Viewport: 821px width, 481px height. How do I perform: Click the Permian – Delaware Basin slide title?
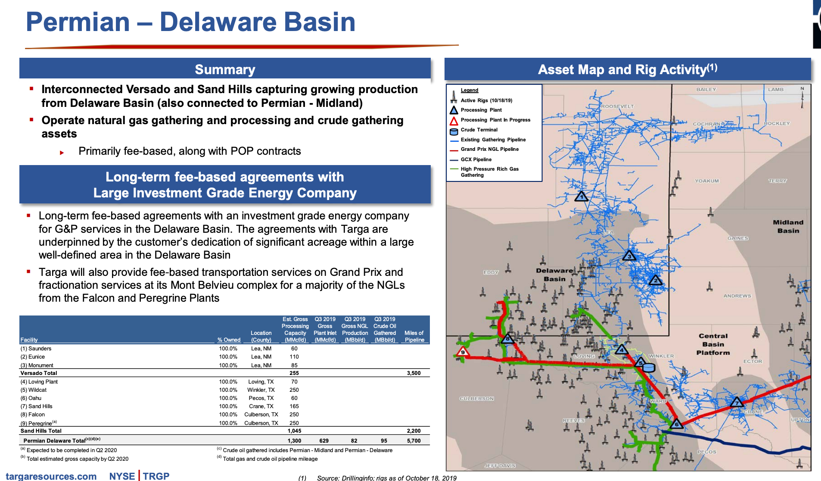190,22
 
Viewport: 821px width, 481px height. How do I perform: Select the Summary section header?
225,69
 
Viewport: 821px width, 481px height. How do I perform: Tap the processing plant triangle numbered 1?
582,197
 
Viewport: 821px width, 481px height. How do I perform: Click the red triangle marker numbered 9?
463,352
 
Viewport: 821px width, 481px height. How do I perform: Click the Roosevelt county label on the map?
617,106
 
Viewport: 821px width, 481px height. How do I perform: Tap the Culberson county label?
476,399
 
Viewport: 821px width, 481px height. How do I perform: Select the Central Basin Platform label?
713,344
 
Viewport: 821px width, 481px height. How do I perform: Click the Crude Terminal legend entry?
479,130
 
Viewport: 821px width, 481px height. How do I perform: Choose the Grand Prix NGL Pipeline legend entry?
489,149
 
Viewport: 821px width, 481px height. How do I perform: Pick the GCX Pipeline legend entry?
476,159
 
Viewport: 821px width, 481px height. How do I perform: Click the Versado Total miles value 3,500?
414,373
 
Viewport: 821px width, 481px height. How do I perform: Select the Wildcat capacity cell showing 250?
294,390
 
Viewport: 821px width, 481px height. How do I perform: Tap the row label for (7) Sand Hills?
37,406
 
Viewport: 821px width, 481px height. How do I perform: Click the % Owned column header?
229,340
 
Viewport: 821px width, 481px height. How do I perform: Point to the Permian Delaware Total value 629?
324,441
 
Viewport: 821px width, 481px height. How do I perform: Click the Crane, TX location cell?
261,406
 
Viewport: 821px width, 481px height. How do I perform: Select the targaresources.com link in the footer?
51,476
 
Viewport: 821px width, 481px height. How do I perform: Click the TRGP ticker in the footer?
156,476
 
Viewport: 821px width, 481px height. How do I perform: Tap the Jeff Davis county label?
500,466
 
